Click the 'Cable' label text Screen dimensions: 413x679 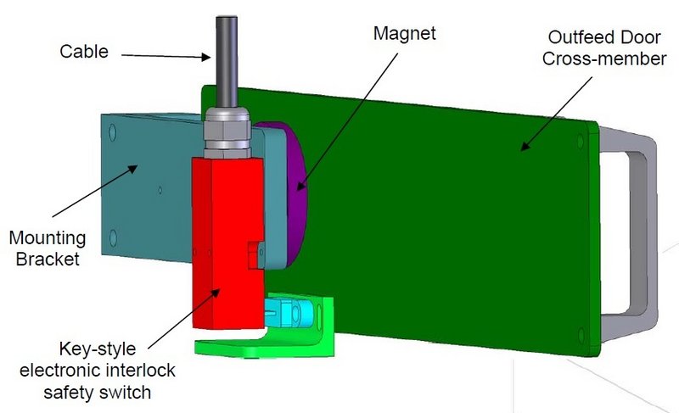(83, 51)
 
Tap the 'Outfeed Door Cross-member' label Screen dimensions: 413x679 (593, 48)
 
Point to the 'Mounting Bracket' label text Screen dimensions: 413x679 (51, 247)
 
